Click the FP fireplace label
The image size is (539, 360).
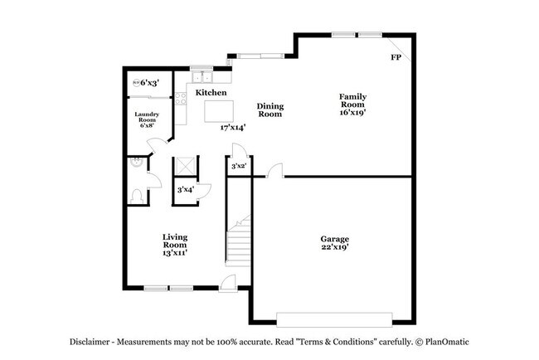coord(396,58)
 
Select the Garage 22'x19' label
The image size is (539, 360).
coord(335,243)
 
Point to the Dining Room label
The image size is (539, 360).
coord(269,109)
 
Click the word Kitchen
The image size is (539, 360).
coord(211,93)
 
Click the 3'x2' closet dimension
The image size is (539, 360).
coord(238,167)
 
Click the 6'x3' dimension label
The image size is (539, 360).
coord(150,83)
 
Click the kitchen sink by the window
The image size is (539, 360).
coord(202,76)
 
